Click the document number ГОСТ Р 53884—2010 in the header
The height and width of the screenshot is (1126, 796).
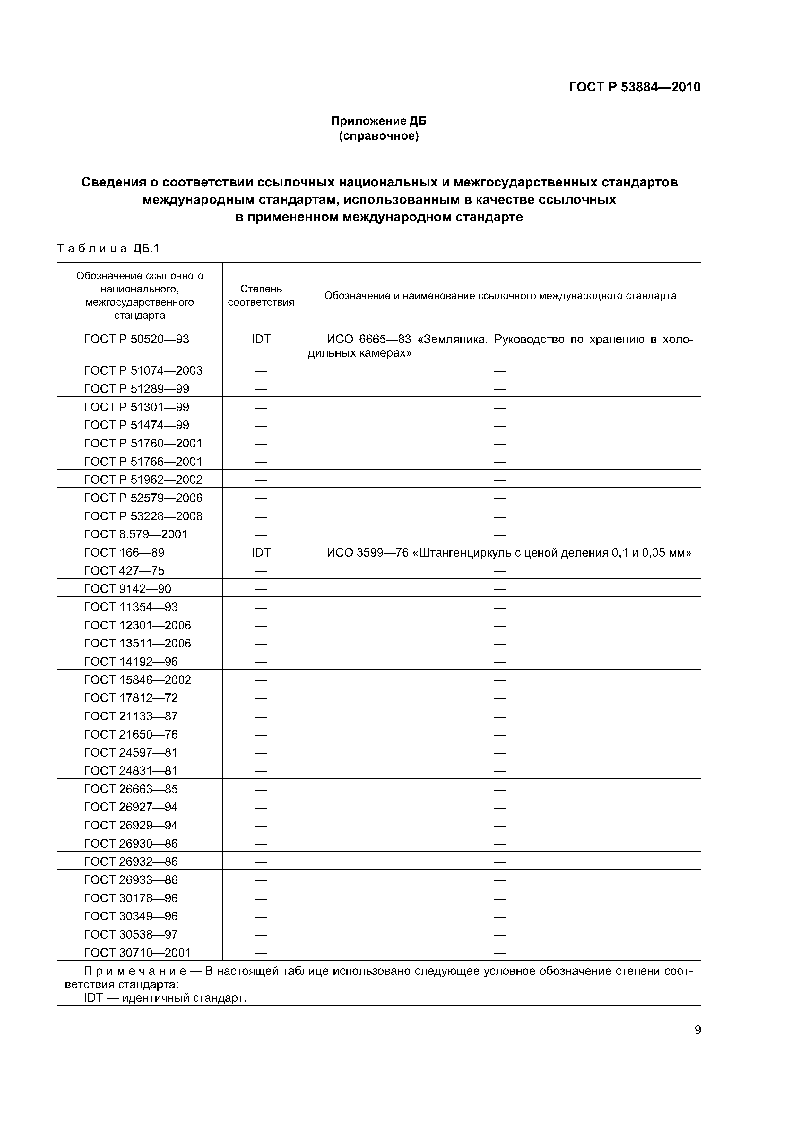point(634,87)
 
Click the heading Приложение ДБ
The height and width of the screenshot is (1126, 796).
point(379,121)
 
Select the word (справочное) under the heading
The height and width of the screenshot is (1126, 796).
point(379,136)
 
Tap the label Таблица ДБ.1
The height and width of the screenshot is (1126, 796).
point(108,249)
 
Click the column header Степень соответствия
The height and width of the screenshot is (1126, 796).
point(261,296)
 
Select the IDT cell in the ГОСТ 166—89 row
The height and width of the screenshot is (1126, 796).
point(261,553)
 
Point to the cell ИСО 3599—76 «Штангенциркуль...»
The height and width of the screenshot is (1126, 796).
point(509,553)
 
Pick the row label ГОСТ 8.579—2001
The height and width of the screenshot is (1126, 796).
point(136,534)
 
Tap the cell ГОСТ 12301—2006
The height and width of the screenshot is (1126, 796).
point(137,625)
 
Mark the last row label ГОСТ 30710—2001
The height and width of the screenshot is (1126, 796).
point(137,953)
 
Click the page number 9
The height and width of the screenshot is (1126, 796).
point(697,1030)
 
